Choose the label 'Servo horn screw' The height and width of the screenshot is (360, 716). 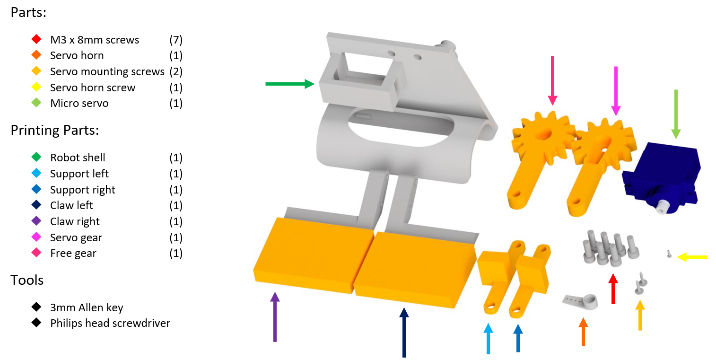(93, 88)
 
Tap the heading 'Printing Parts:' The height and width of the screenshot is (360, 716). (55, 131)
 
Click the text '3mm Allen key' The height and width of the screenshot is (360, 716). (87, 307)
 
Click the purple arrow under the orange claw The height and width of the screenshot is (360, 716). (274, 317)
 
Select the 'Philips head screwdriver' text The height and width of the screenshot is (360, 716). (110, 324)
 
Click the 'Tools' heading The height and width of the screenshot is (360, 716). (27, 280)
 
